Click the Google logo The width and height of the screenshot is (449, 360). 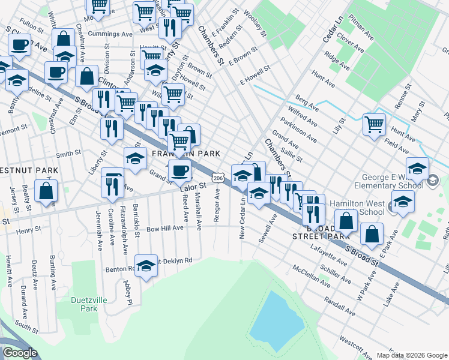point(20,353)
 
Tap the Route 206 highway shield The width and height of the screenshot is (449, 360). point(218,178)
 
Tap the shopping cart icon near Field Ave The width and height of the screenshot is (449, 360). point(374,125)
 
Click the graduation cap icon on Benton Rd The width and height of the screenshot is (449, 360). point(146,266)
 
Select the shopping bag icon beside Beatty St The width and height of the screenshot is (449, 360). point(46,191)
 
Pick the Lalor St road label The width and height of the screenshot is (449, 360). point(193,187)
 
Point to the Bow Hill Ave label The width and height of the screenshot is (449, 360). point(164,229)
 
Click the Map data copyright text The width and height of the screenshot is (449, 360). point(412,355)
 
